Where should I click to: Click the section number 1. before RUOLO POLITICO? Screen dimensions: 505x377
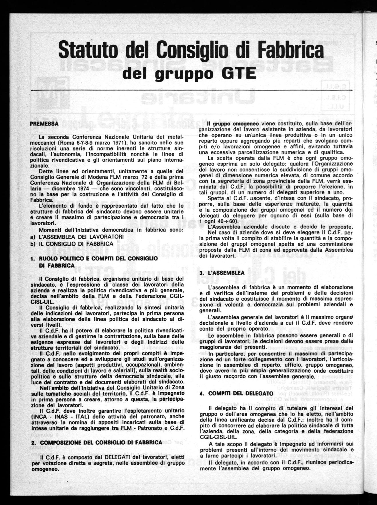click(33, 259)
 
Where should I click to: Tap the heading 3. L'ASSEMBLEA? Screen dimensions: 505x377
click(222, 273)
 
